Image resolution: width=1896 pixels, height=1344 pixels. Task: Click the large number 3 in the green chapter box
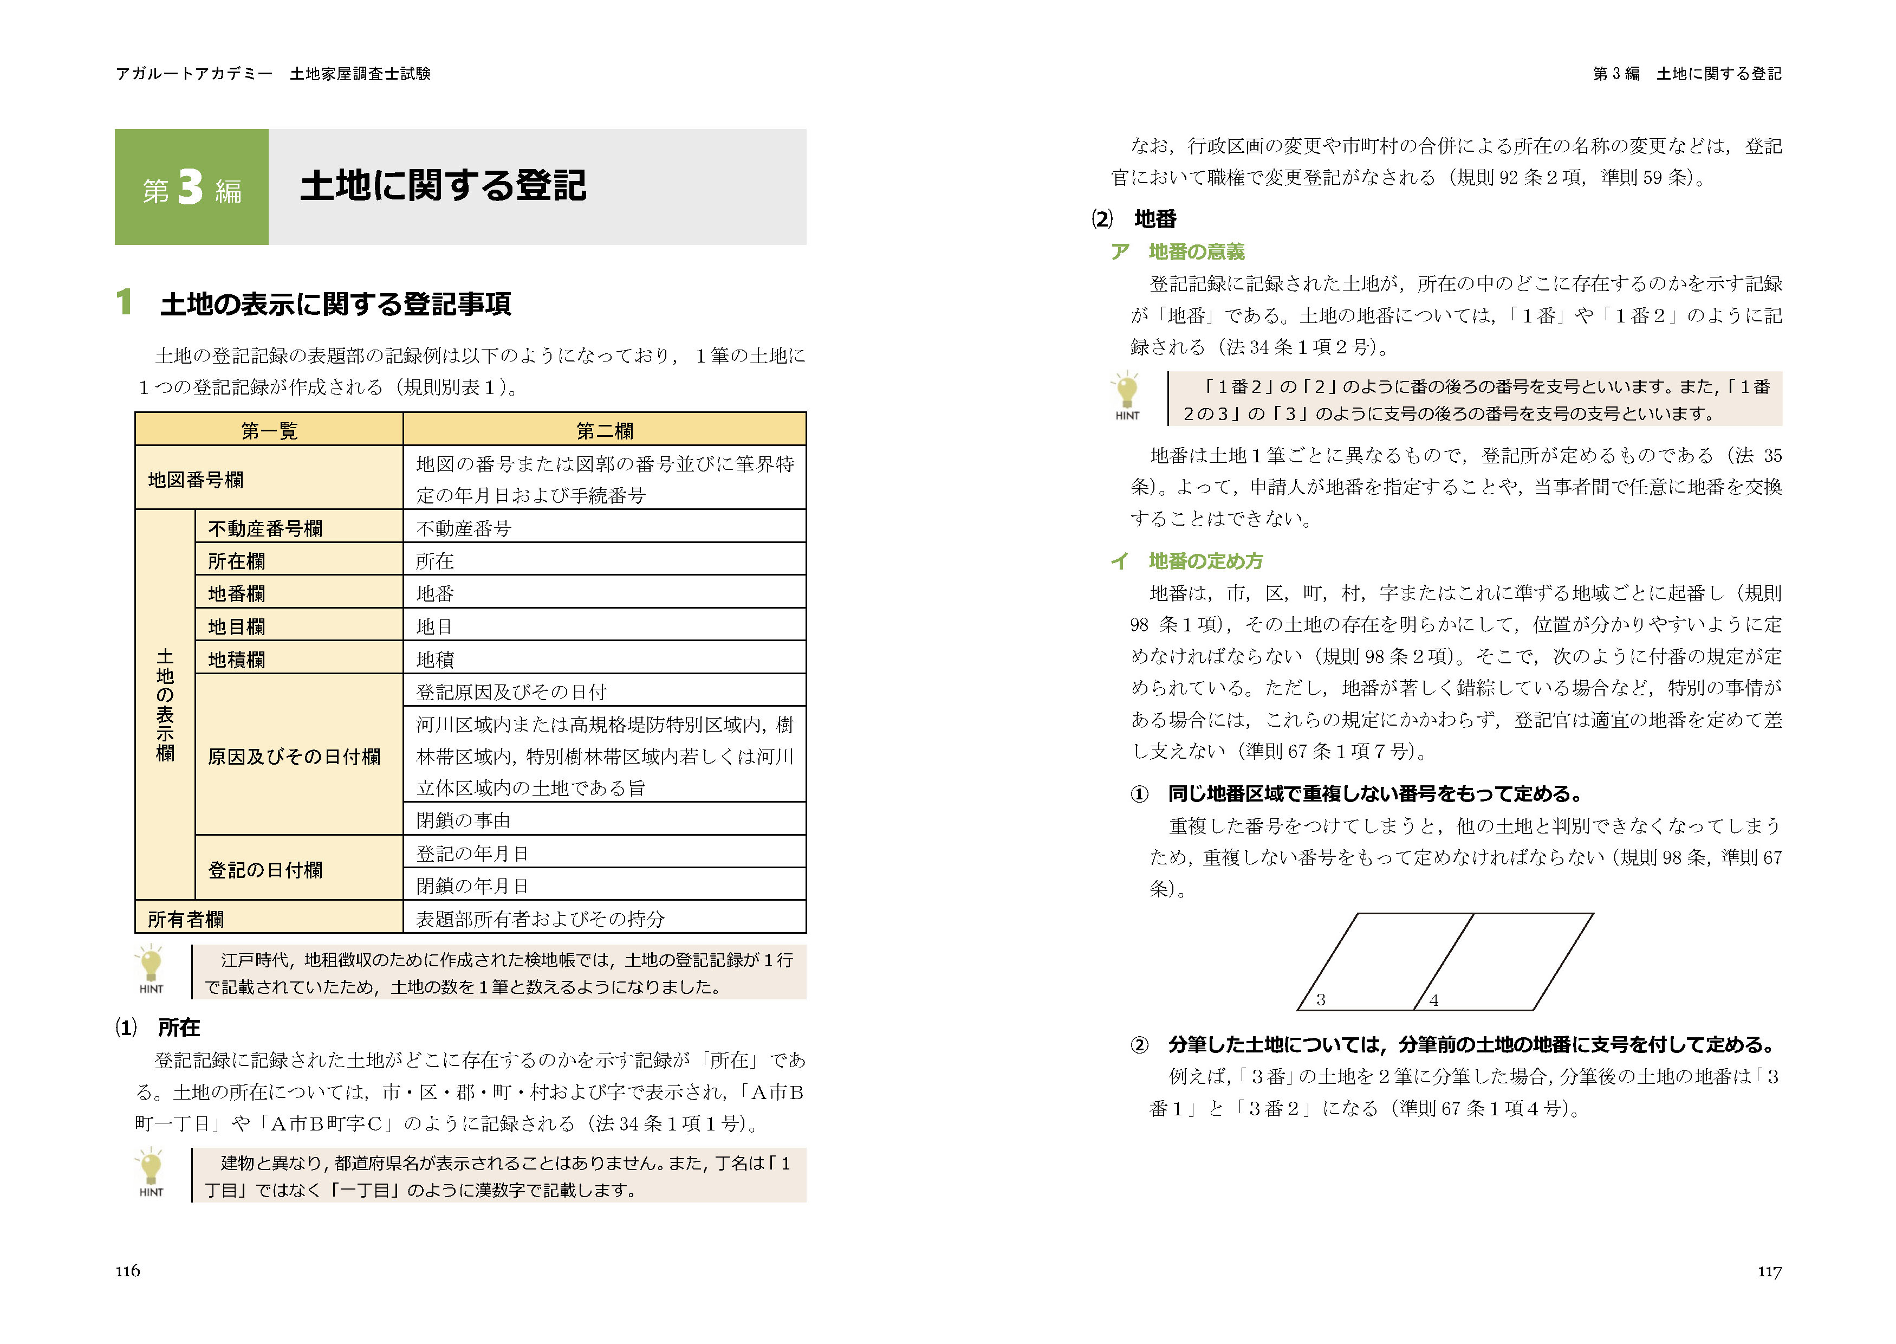[x=190, y=187]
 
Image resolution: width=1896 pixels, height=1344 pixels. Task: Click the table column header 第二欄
[x=604, y=430]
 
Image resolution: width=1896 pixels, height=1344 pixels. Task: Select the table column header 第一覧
[x=269, y=430]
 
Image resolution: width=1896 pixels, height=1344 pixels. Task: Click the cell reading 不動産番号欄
[x=265, y=528]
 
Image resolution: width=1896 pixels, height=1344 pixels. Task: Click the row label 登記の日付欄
[x=265, y=870]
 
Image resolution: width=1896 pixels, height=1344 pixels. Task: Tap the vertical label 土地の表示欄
[x=165, y=705]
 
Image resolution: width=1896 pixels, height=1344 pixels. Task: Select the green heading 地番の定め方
[x=1205, y=561]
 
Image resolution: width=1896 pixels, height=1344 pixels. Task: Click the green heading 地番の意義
[x=1196, y=251]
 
